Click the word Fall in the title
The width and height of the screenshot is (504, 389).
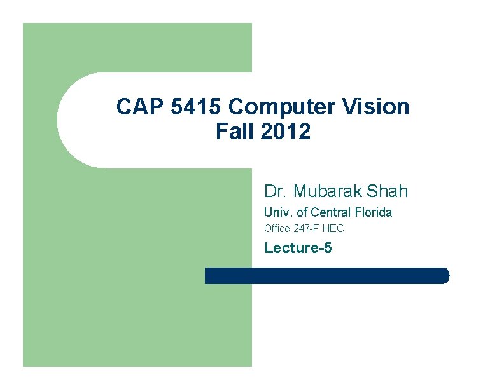[234, 132]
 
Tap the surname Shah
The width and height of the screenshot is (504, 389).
[388, 191]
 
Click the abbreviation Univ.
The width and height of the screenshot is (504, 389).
[278, 212]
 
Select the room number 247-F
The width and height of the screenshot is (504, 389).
[307, 228]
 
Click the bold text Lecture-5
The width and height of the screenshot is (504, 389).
[298, 247]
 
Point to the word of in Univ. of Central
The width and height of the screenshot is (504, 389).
[302, 212]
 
